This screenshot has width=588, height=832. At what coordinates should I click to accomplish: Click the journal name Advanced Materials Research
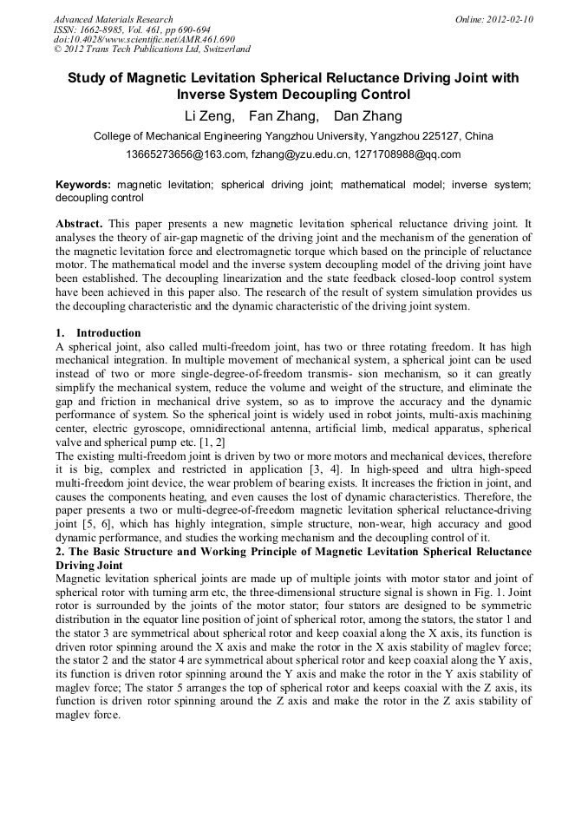pos(113,19)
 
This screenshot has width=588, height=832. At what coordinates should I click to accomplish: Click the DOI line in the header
pos(144,39)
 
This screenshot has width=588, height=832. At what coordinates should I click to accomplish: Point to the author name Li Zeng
pos(209,116)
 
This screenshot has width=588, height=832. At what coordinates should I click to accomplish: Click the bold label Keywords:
pos(83,185)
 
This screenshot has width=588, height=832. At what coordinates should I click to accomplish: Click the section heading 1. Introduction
pos(98,333)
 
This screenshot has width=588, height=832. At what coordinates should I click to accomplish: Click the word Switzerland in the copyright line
pos(222,49)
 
